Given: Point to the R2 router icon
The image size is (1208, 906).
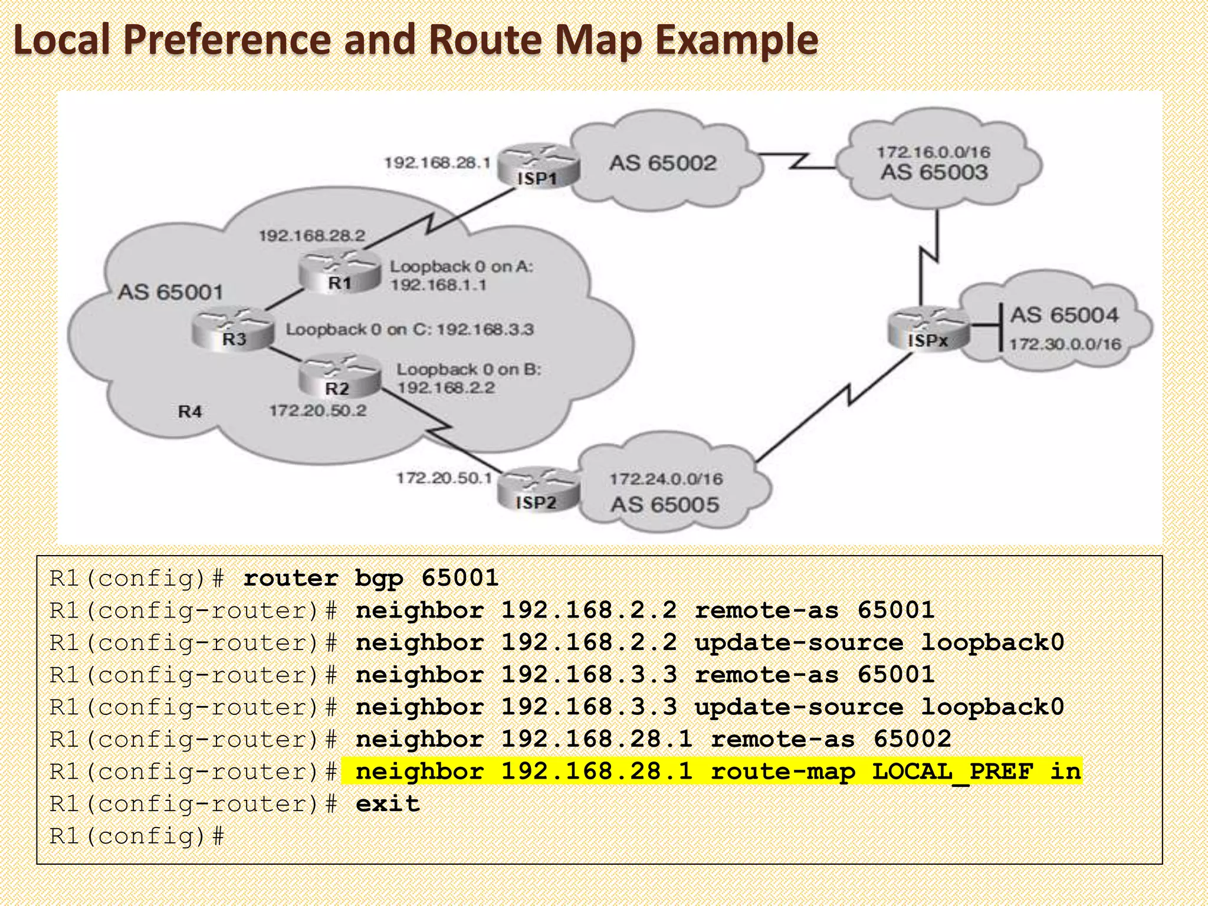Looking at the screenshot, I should point(338,377).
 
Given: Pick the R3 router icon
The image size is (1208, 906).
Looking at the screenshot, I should point(234,329).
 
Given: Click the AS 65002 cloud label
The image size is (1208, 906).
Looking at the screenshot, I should point(662,163).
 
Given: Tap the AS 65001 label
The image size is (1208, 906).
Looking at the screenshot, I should point(170,292).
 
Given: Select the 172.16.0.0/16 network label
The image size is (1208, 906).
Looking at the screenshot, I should point(933,152).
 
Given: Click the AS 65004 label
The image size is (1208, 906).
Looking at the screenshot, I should point(1064,315).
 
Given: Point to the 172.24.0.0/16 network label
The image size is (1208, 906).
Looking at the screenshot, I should point(666,479).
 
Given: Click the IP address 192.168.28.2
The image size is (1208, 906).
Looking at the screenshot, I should point(312,236).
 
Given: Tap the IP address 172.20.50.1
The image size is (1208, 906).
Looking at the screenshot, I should point(444,478).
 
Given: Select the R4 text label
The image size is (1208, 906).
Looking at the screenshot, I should point(190,412).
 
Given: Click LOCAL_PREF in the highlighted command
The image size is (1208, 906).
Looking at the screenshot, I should point(953,772).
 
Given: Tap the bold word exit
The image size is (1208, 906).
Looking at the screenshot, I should point(388,804).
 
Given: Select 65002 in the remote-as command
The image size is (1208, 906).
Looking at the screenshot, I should point(912,739).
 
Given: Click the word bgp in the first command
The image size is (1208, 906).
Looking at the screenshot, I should point(379,578).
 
